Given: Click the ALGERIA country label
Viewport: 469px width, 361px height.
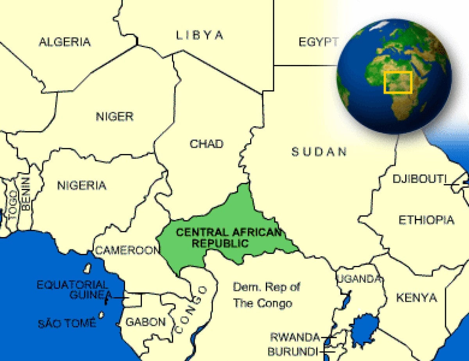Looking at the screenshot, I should point(64,42).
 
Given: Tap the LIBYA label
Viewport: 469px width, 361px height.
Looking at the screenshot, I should point(200,35).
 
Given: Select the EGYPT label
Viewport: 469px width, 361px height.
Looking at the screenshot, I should point(318,42).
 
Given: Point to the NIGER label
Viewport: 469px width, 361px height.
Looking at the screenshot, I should point(115,116).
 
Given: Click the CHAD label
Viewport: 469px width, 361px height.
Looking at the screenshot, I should point(206,144).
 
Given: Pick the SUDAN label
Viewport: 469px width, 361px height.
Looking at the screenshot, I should point(319,152).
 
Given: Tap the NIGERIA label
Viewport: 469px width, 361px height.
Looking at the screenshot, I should point(82,185).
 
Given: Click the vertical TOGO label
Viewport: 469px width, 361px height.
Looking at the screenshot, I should point(13,205).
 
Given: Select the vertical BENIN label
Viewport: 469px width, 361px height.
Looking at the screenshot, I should point(26,194).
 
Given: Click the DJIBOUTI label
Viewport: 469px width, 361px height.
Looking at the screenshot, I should point(419,179).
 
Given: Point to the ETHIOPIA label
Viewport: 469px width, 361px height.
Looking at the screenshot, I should point(426,220).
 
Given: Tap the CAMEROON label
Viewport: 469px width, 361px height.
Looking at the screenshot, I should point(127,250).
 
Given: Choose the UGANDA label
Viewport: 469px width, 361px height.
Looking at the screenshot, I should point(359,279).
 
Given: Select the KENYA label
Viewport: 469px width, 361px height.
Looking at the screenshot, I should point(416,298).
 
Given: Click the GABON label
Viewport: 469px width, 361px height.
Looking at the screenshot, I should point(145,322).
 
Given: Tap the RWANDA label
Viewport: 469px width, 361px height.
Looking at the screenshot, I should point(295,337).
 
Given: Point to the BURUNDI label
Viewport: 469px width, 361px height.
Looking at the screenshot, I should point(293,351).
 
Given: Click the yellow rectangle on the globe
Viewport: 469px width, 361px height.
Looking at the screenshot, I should point(398,82).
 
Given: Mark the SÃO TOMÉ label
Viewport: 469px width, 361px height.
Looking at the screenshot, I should point(67,323).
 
